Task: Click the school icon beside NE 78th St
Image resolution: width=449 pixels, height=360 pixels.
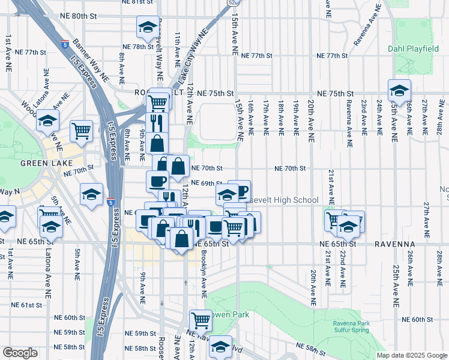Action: (x=148, y=28)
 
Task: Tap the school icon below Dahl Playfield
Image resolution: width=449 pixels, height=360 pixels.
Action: (x=399, y=91)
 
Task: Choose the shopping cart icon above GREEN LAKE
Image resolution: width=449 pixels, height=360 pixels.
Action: (x=81, y=130)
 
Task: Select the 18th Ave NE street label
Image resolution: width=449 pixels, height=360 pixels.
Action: (x=281, y=116)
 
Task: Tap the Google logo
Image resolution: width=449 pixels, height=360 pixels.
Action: (x=20, y=353)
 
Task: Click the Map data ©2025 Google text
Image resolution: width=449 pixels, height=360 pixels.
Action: (x=412, y=355)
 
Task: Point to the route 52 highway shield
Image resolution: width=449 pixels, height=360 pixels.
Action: (x=231, y=2)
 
